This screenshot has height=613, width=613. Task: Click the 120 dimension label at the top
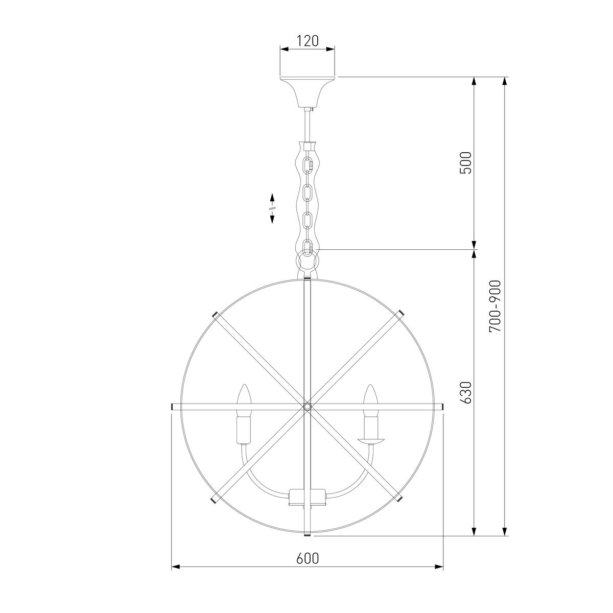click(x=307, y=41)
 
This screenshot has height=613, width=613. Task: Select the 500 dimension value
click(x=465, y=163)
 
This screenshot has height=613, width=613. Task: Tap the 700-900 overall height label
click(x=495, y=306)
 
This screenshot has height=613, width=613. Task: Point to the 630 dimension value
click(x=465, y=392)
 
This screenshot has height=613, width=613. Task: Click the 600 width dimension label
click(x=307, y=558)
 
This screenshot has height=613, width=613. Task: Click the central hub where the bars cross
click(x=307, y=406)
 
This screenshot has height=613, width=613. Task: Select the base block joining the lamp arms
click(x=307, y=497)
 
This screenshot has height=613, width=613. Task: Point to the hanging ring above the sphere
click(x=307, y=261)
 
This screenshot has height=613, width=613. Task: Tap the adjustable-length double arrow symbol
click(x=272, y=208)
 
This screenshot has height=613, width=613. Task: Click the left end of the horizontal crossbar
click(x=173, y=406)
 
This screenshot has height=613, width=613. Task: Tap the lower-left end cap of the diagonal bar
click(x=213, y=499)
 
